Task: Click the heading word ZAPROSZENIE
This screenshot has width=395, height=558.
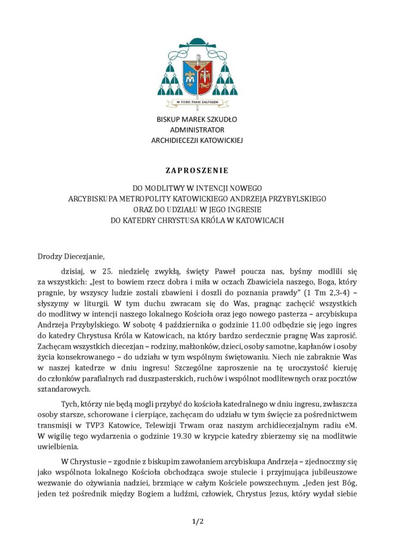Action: click(197, 171)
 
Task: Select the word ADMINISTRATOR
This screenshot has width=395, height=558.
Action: click(197, 130)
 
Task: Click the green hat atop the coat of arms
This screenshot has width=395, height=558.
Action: click(197, 44)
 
